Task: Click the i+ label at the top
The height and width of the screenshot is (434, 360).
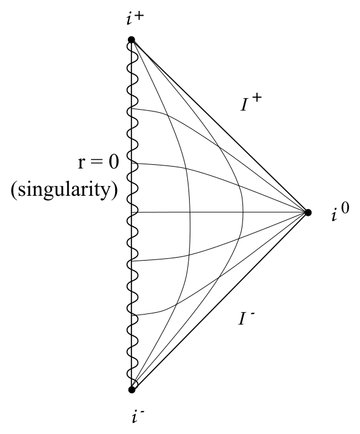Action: [x=135, y=18]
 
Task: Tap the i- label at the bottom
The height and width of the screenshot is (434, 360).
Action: [x=138, y=416]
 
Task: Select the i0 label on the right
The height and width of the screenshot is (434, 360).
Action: [x=340, y=212]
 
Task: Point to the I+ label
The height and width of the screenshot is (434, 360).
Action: [x=251, y=102]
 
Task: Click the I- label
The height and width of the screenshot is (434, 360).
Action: [x=246, y=318]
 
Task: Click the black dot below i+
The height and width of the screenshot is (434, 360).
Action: [x=132, y=40]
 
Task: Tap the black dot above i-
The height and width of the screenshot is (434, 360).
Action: [x=132, y=390]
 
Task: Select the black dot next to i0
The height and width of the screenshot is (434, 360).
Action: [x=308, y=213]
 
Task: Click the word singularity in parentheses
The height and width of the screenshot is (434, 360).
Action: [x=64, y=190]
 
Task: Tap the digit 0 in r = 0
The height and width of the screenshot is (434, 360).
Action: [x=113, y=162]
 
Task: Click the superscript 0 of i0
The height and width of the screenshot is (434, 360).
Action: [x=344, y=208]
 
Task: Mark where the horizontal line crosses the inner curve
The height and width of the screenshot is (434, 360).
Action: [x=190, y=212]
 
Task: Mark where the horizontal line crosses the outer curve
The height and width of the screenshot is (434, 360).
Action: [x=243, y=212]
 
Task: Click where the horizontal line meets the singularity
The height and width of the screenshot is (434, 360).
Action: [x=132, y=212]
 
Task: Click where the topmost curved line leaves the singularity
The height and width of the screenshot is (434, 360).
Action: [x=132, y=109]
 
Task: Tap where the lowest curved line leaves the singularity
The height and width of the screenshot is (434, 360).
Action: [x=132, y=315]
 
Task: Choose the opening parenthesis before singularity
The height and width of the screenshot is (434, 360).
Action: [x=14, y=190]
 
